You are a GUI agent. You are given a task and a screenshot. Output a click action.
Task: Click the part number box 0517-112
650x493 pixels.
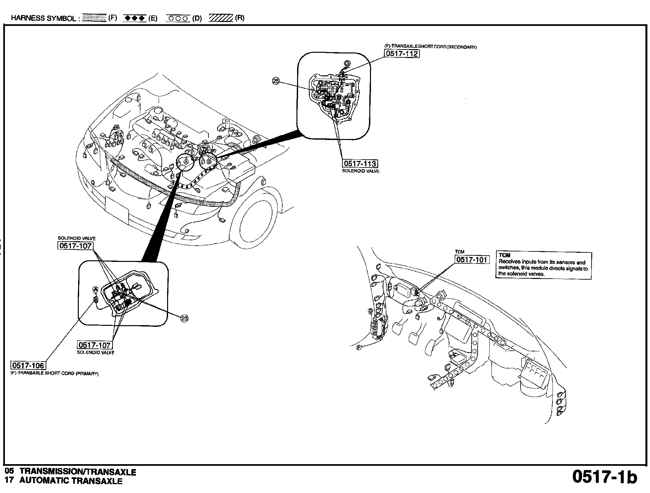point(401,53)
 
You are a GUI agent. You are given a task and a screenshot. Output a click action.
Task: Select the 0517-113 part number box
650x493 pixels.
point(360,164)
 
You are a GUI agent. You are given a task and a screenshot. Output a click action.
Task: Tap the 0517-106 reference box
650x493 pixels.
point(28,365)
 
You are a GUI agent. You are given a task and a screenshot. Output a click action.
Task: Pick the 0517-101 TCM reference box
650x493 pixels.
point(472,260)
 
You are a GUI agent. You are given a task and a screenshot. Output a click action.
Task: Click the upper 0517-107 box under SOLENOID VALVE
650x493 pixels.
point(75,246)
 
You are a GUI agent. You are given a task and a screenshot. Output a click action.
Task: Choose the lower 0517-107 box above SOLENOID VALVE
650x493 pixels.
point(94,345)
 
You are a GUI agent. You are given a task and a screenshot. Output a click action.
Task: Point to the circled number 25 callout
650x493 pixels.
point(276,81)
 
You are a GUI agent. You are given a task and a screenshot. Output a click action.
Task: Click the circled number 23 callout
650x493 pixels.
point(185,318)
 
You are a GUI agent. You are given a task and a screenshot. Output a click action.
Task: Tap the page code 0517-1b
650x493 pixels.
point(604,477)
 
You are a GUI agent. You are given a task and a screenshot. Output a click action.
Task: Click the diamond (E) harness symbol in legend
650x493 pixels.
point(134,18)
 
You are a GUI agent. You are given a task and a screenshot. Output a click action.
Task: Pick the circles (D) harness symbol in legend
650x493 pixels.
point(178,18)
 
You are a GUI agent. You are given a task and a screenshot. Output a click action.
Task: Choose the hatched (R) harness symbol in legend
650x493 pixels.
point(221,18)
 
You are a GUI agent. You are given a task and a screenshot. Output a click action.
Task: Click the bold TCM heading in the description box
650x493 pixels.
point(504,255)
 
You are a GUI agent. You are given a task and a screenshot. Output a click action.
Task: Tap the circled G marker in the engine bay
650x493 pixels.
point(208,161)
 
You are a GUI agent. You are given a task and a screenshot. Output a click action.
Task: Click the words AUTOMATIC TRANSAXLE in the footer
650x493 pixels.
point(71,481)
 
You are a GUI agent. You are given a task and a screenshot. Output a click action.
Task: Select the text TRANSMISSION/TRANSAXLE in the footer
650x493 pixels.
point(78,472)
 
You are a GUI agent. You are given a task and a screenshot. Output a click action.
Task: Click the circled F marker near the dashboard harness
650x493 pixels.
point(359,347)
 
